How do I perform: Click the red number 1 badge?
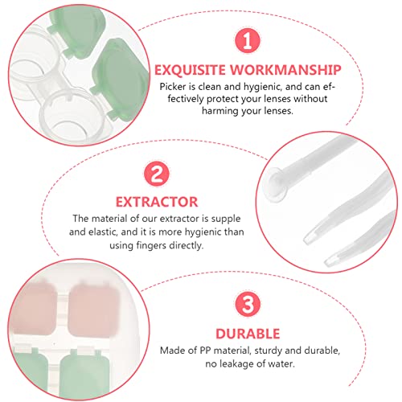tap(248, 40)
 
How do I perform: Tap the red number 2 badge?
tap(157, 173)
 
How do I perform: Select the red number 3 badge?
tap(248, 304)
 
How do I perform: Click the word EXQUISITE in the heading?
tap(190, 70)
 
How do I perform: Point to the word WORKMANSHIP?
tap(285, 70)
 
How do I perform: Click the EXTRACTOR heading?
tap(157, 202)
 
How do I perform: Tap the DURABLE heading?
tap(248, 334)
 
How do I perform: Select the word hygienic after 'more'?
tap(203, 232)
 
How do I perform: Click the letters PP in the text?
tap(206, 351)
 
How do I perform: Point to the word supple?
tap(226, 219)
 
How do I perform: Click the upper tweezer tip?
tap(309, 239)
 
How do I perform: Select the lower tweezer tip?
tap(330, 260)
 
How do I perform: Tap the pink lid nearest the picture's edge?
tap(33, 307)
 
